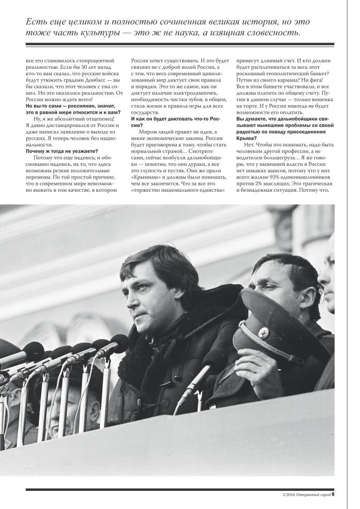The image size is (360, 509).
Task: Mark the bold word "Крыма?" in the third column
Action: click(x=247, y=138)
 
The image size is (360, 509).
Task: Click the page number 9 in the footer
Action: click(x=332, y=494)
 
